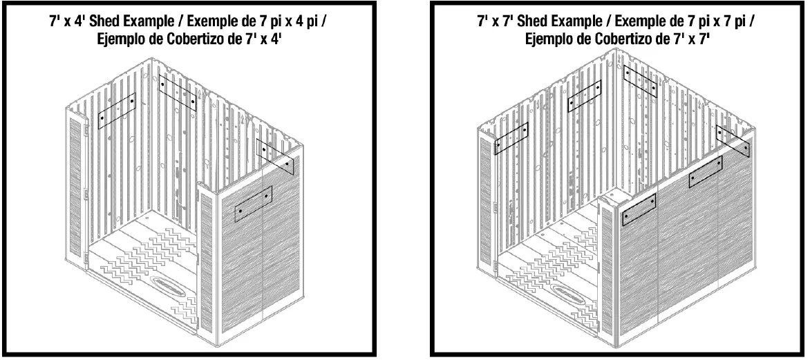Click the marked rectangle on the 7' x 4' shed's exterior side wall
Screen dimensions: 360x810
point(253,204)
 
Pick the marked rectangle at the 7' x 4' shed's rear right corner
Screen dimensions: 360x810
point(275,157)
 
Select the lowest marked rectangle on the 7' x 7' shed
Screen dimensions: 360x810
point(639,209)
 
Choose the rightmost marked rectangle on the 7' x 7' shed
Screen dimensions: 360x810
point(733,140)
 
